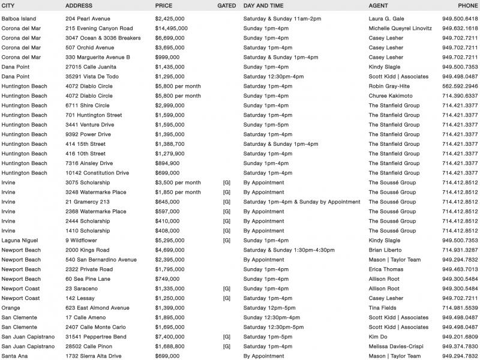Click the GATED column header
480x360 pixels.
pos(226,6)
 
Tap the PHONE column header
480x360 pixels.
pos(468,6)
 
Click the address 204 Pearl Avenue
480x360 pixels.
pos(88,19)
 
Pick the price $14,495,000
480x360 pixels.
pos(172,28)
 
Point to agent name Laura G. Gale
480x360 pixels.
pos(387,19)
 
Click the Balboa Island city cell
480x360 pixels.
pos(18,19)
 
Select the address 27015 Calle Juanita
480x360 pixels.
pos(89,67)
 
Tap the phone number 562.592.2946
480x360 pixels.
pos(460,86)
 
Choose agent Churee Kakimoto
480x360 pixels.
pos(390,95)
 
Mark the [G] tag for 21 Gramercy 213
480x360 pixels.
pos(226,202)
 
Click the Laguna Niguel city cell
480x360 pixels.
pos(19,240)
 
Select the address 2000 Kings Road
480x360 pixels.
pos(88,250)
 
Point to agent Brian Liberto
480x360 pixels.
pos(386,250)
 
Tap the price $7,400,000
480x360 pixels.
pos(170,337)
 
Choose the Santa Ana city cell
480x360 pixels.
pos(14,356)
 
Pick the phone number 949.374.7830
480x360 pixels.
pos(460,346)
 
